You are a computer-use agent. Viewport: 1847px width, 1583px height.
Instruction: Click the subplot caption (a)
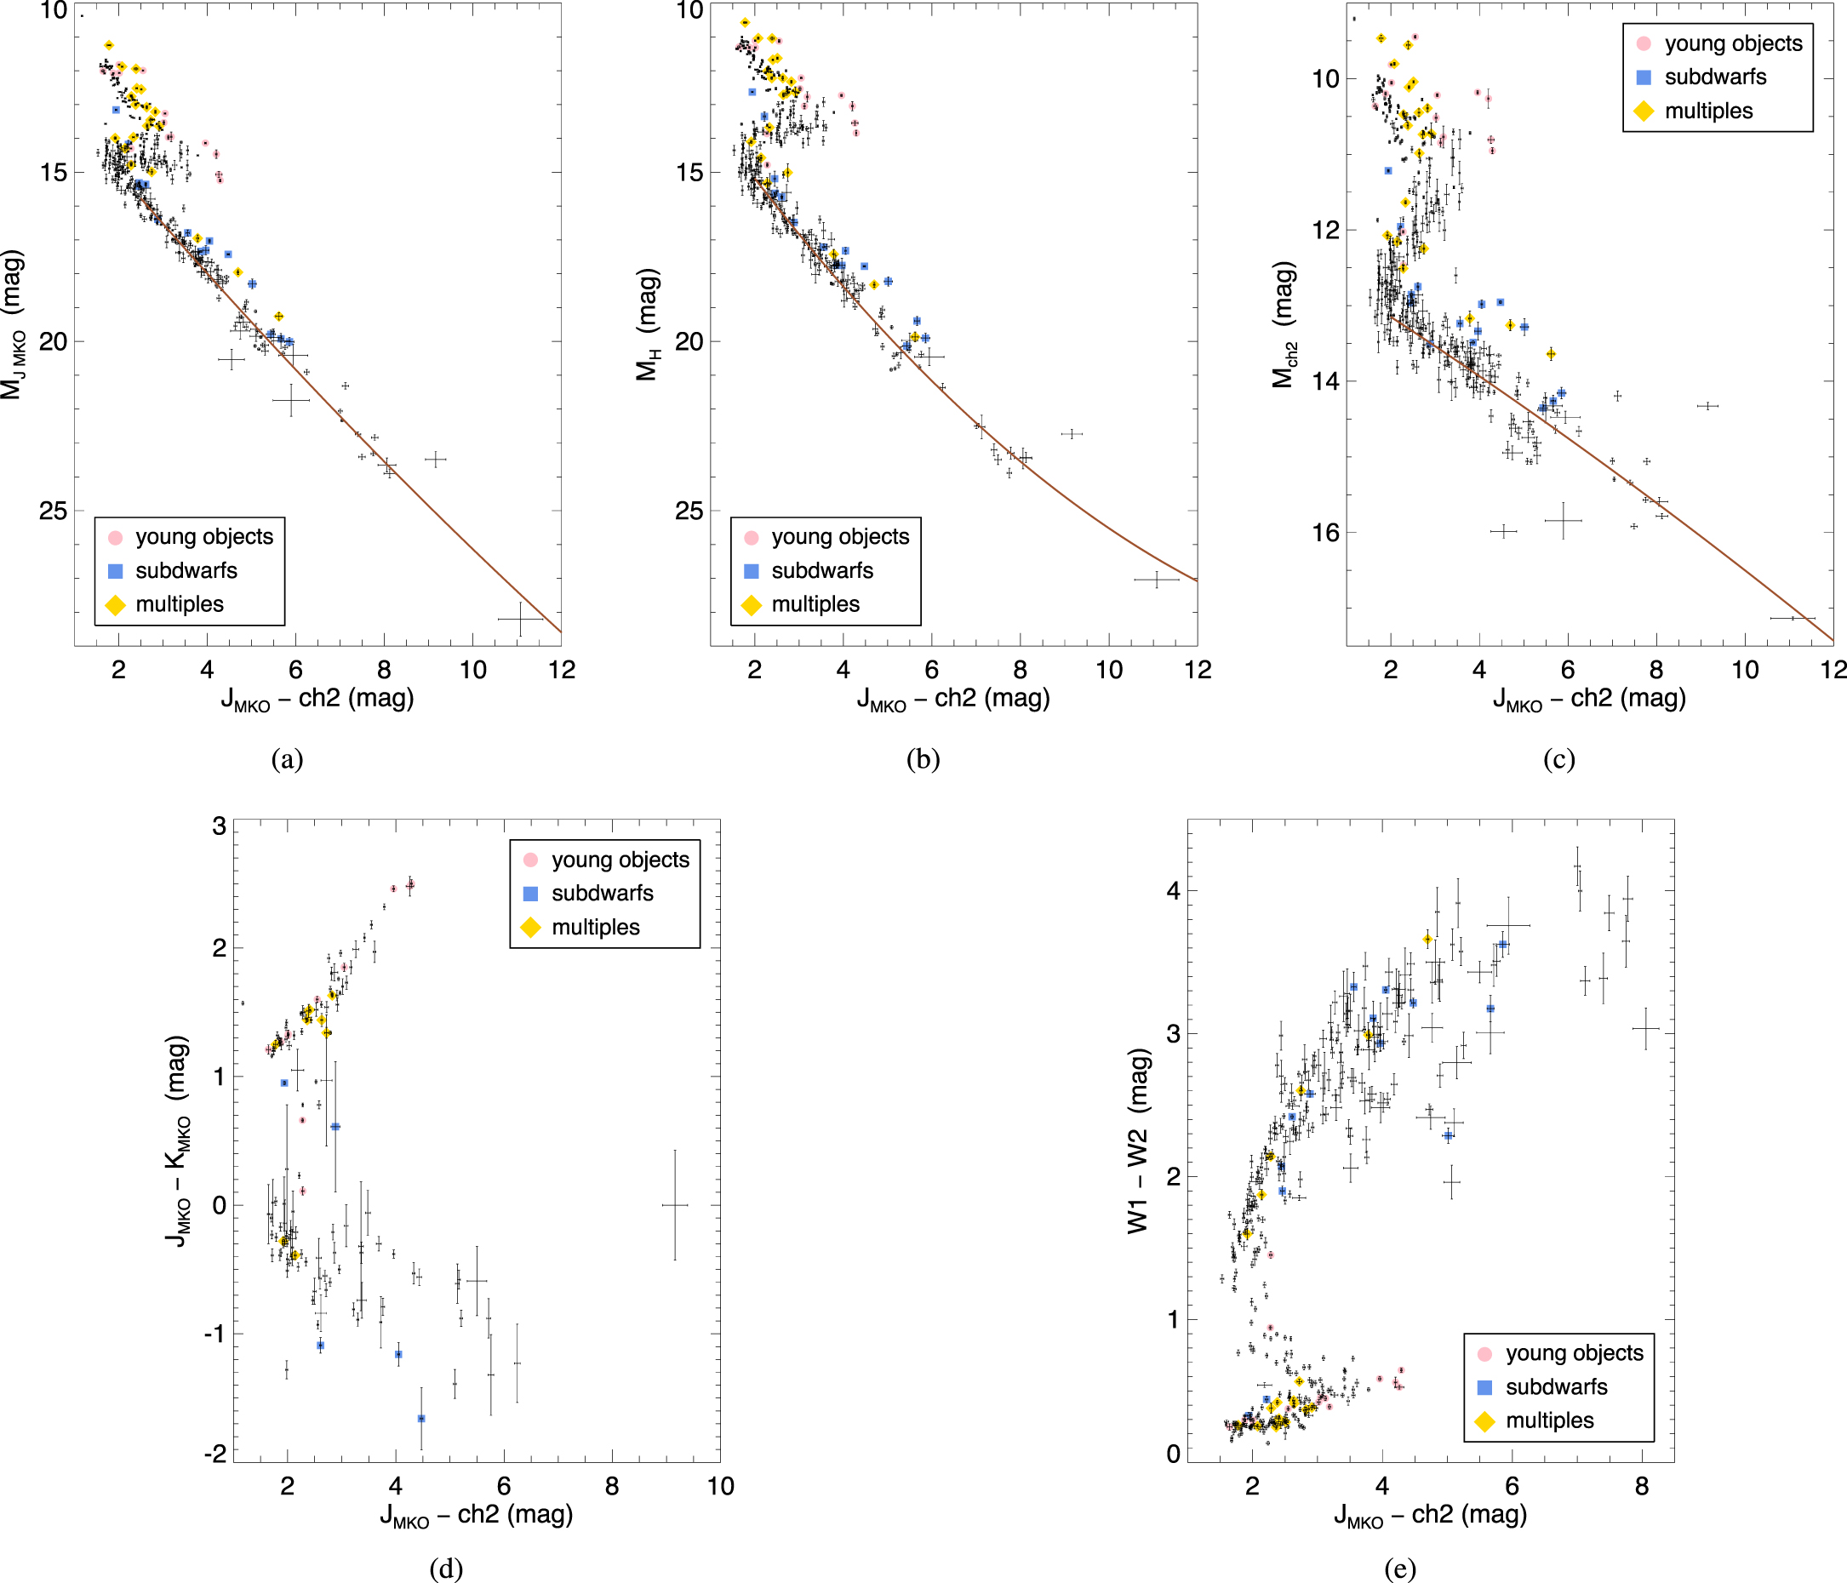(287, 759)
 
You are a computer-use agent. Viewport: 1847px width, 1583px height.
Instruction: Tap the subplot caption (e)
(1399, 1568)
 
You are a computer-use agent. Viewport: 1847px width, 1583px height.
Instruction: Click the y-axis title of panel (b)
(648, 324)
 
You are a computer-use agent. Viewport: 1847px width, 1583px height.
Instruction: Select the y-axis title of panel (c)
(1284, 324)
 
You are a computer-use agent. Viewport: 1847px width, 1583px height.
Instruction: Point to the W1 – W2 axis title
(1138, 1141)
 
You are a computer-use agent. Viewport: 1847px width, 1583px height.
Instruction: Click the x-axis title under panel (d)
(476, 1515)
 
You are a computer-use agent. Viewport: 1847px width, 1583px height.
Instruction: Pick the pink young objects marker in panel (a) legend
(115, 538)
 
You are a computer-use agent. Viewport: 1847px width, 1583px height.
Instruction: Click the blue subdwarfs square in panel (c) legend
(1644, 77)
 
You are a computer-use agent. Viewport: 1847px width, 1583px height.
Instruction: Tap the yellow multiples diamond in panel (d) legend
(530, 928)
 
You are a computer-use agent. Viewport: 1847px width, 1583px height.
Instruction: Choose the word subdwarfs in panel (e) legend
(1557, 1387)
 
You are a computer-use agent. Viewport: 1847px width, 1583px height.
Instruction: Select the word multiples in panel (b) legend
(815, 604)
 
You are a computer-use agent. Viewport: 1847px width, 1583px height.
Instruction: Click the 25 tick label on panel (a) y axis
(53, 511)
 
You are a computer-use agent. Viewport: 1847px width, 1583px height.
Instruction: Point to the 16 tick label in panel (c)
(1324, 532)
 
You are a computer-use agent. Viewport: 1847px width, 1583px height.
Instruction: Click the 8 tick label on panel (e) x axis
(1642, 1486)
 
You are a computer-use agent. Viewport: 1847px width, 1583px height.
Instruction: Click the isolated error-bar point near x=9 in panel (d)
(675, 1205)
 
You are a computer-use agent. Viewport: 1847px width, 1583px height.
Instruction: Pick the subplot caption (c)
(1559, 759)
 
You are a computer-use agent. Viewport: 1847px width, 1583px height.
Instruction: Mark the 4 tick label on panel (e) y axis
(1173, 890)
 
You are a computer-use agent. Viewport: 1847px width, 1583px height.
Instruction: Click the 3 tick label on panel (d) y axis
(220, 826)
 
